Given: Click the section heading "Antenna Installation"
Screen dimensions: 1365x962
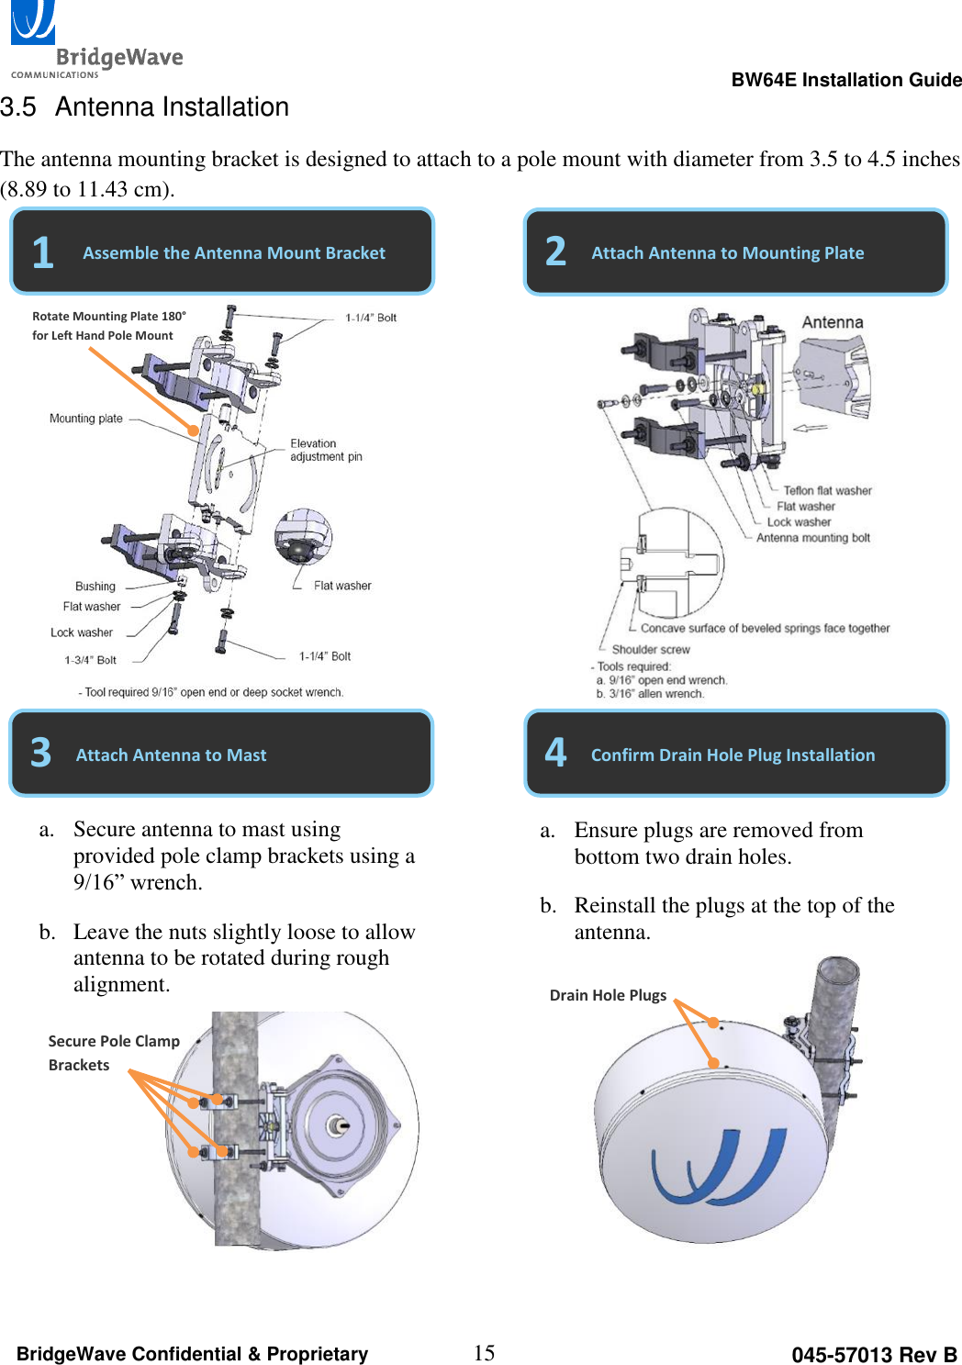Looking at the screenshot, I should click(x=172, y=107).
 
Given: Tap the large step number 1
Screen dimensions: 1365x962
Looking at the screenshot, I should click(x=42, y=252).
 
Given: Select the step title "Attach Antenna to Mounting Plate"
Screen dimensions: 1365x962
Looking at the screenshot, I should click(x=727, y=252).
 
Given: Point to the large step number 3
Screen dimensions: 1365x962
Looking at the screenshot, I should click(x=41, y=754).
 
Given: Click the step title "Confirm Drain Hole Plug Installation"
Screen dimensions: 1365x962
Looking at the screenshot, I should click(x=733, y=755).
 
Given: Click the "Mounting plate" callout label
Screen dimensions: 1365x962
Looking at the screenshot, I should click(x=85, y=419).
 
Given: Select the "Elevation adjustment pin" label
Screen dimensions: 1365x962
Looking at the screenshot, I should click(x=326, y=450).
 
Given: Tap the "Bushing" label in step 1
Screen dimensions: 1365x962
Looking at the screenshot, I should click(x=95, y=587).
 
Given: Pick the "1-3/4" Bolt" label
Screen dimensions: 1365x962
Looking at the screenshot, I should click(x=90, y=660).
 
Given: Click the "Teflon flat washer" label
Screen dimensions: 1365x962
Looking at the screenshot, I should click(x=827, y=490).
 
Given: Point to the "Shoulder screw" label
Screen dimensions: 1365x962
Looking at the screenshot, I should click(x=651, y=649).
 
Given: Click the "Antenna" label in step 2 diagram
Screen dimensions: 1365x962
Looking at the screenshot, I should click(x=832, y=322).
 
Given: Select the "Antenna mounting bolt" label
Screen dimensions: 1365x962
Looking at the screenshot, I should click(x=812, y=538).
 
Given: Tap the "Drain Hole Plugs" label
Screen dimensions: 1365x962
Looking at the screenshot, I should click(x=608, y=995).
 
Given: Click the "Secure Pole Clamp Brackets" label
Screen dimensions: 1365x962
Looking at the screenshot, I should click(x=113, y=1053).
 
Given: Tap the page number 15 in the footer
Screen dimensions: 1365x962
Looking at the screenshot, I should click(x=484, y=1352).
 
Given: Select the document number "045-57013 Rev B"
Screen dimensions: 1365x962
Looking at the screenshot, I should click(x=873, y=1355).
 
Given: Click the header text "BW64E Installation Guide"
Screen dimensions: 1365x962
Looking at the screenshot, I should click(x=845, y=80).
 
